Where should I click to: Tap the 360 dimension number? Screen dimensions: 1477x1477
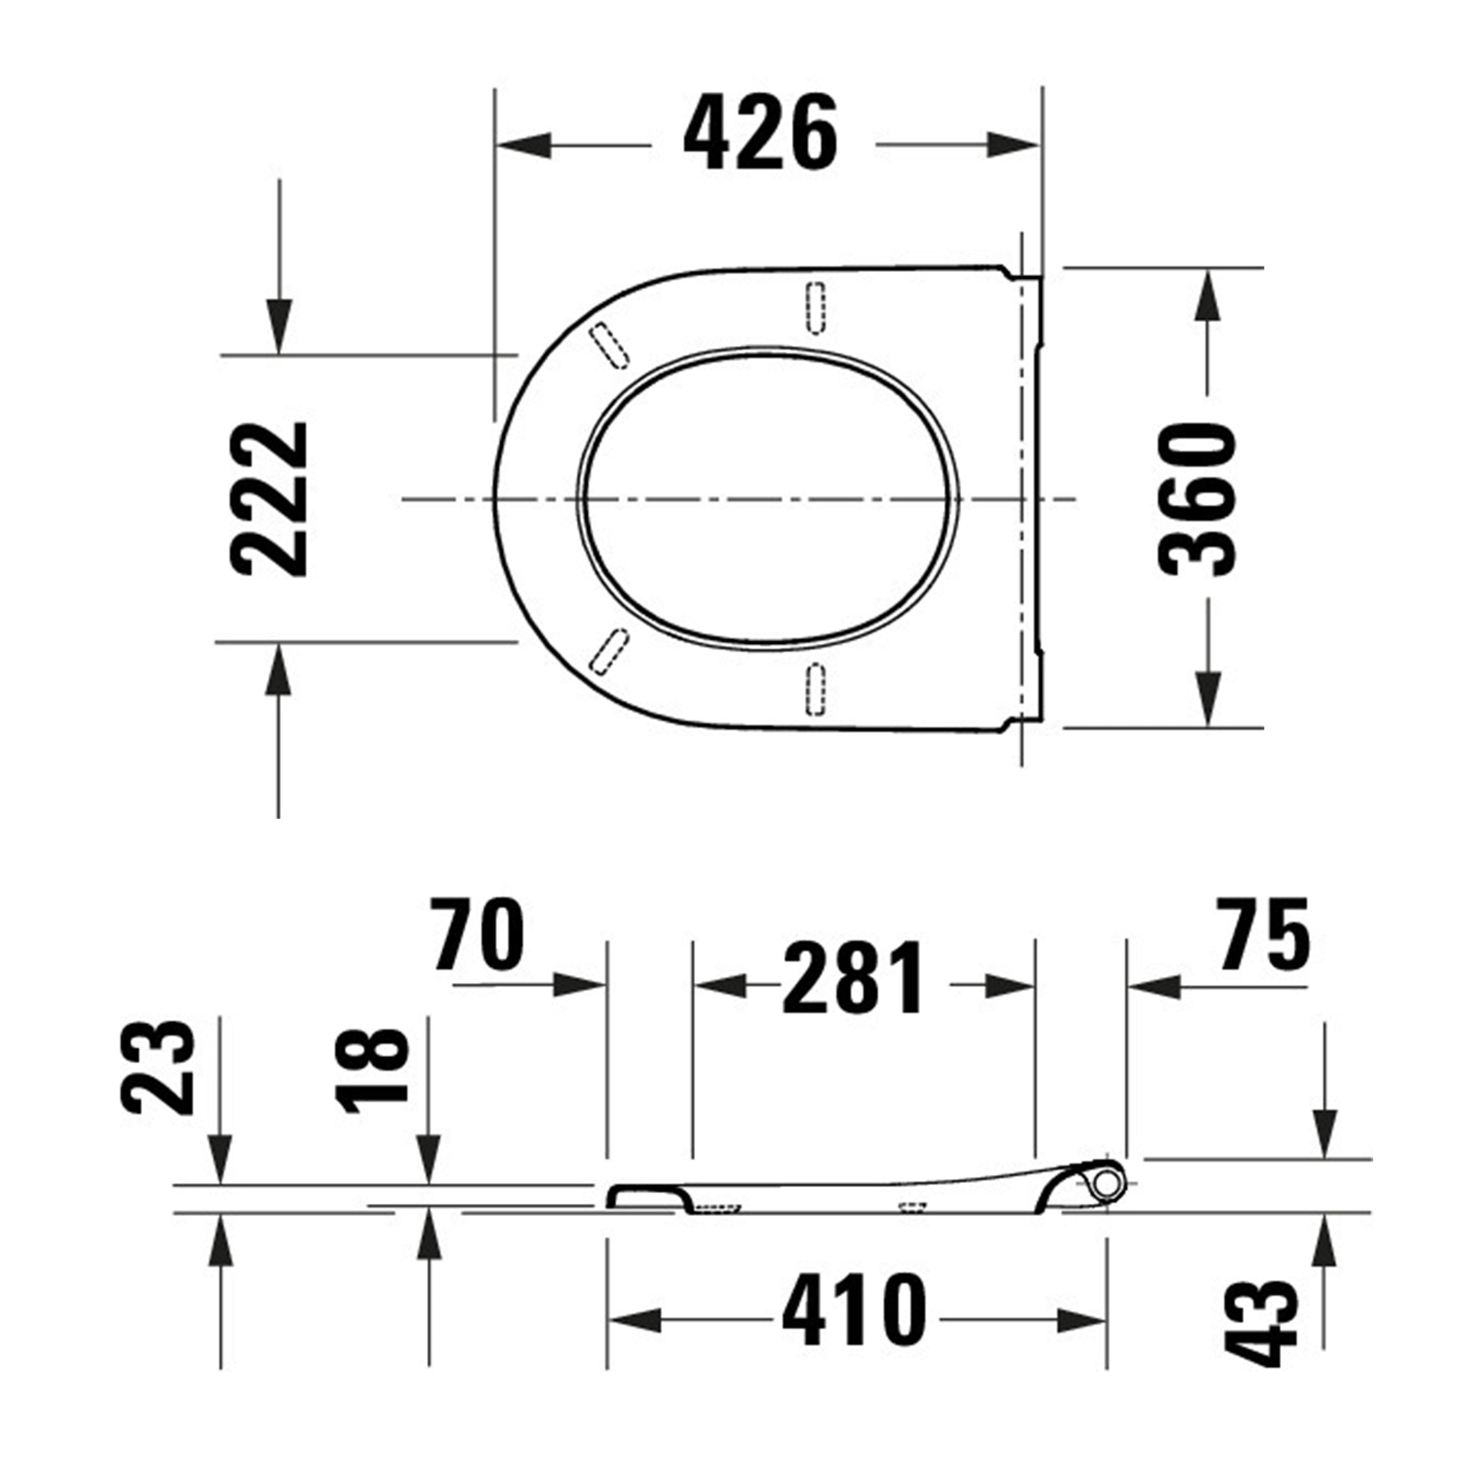pyautogui.click(x=1197, y=499)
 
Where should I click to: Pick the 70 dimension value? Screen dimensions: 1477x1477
pyautogui.click(x=478, y=934)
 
